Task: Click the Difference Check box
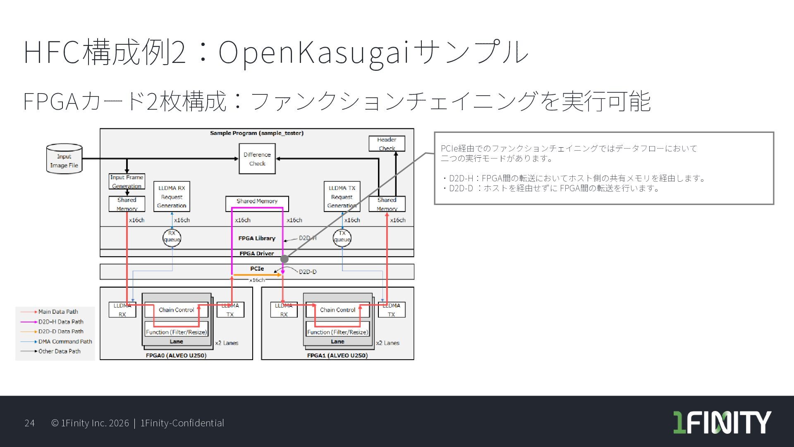257,159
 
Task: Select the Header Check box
387,144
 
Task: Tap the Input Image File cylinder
64,159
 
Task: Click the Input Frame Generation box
127,181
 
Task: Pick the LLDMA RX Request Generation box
172,197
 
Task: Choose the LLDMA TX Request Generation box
342,197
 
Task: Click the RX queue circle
172,237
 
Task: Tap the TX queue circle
342,237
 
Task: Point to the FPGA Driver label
256,253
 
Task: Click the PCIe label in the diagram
257,269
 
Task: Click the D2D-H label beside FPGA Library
308,238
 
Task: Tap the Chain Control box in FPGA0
176,310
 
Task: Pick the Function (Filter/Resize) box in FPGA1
337,332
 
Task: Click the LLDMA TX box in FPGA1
391,310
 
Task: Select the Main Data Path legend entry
58,312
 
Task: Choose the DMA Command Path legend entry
65,341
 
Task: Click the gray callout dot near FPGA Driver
285,259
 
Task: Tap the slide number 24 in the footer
29,423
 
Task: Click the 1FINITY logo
722,422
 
